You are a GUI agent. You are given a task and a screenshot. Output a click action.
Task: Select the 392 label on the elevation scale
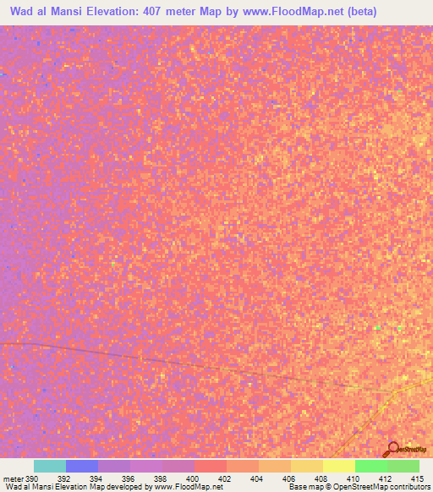(64, 478)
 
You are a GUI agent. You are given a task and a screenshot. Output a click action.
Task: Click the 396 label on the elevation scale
(129, 478)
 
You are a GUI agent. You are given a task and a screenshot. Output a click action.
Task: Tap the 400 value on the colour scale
(193, 478)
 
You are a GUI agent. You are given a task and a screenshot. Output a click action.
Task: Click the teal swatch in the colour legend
(49, 466)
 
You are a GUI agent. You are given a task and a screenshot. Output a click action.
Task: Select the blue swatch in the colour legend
(81, 466)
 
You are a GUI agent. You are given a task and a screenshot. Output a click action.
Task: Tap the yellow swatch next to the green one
(338, 466)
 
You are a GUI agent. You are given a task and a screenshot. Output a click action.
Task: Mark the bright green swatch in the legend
(370, 466)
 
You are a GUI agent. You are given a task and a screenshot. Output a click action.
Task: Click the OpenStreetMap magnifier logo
(393, 449)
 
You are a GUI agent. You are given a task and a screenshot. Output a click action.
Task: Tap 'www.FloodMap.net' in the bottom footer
(188, 488)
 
